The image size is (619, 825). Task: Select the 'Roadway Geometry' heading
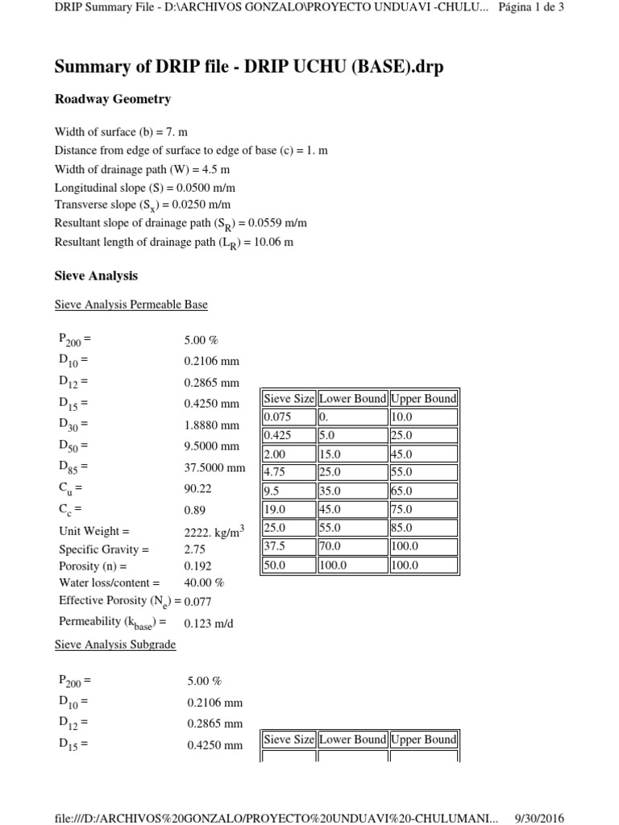click(x=112, y=99)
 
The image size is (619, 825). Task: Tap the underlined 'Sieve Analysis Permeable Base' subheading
click(x=131, y=305)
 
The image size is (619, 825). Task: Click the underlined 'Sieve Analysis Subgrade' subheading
click(x=114, y=645)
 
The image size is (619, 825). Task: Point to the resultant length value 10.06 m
click(x=272, y=242)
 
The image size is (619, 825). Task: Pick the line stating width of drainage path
click(x=142, y=169)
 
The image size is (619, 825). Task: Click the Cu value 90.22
click(x=198, y=488)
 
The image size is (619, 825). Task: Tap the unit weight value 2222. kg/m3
click(x=214, y=531)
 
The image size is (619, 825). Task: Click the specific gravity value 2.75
click(x=195, y=549)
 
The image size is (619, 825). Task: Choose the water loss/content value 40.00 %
click(x=204, y=582)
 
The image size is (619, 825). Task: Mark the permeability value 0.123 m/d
click(x=207, y=623)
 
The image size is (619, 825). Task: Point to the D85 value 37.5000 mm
click(x=214, y=466)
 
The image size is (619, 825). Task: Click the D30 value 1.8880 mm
click(x=211, y=425)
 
